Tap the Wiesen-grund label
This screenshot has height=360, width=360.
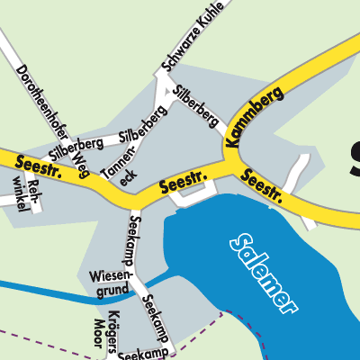pos(110,282)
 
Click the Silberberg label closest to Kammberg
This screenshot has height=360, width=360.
pos(197,106)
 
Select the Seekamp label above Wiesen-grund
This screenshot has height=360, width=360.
pos(135,238)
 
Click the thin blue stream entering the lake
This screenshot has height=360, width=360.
pos(54,291)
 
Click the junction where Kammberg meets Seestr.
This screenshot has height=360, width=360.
pos(236,159)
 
